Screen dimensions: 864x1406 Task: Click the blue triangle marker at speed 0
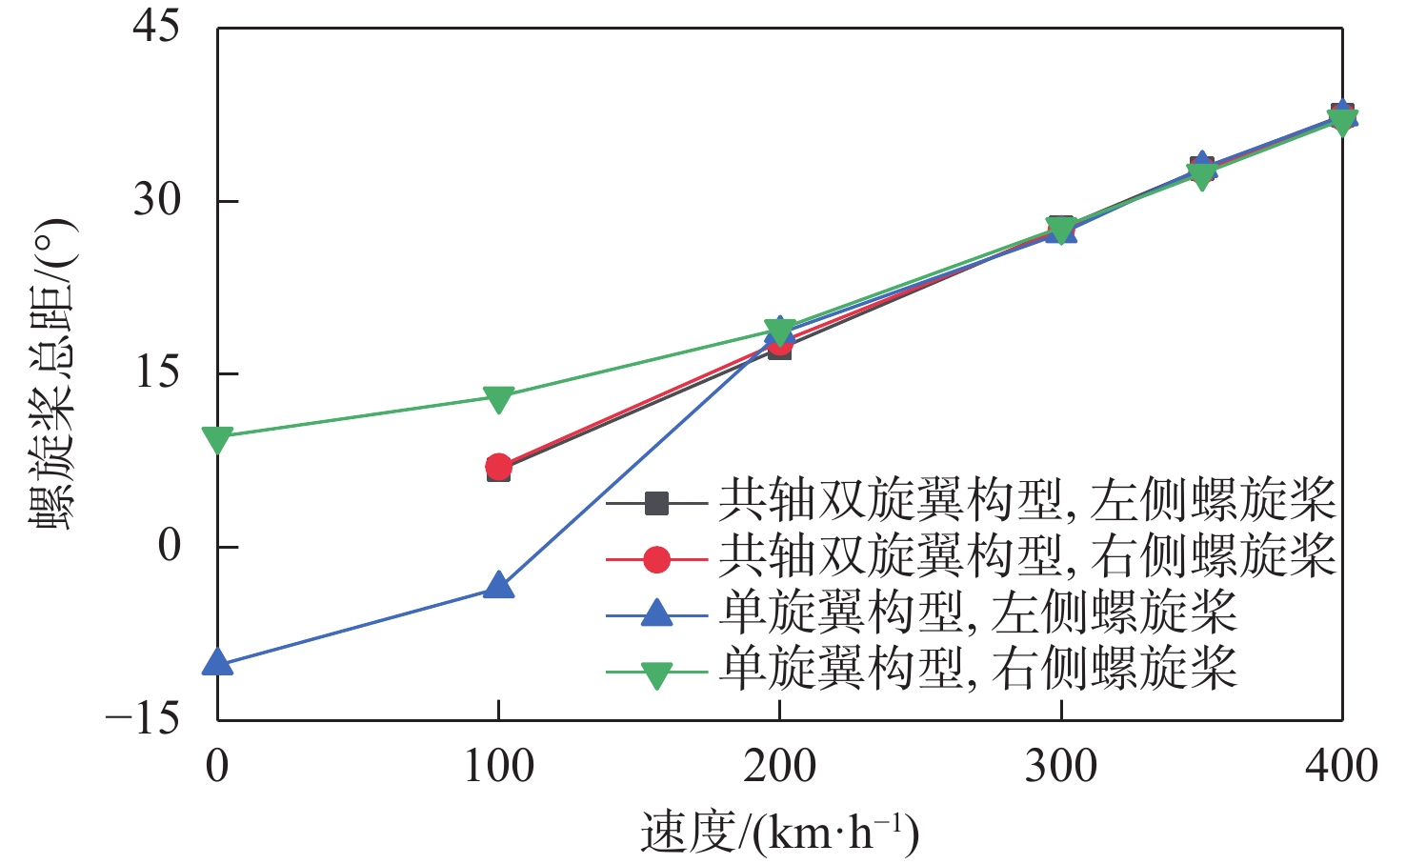click(218, 662)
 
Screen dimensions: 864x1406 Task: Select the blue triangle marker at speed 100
click(498, 585)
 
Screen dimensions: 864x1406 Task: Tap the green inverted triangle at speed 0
click(218, 439)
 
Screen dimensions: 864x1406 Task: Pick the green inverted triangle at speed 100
click(498, 399)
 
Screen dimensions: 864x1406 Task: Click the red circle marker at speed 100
click(498, 467)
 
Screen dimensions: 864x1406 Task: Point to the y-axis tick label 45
click(155, 27)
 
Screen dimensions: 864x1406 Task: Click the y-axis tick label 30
click(155, 200)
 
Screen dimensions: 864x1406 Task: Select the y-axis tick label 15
click(155, 372)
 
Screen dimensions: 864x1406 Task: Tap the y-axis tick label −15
click(143, 718)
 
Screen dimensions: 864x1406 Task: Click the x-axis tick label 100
click(498, 766)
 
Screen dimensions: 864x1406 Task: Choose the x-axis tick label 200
click(779, 766)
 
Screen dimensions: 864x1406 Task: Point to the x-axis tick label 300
click(1060, 766)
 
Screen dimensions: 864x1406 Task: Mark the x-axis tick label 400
click(1341, 766)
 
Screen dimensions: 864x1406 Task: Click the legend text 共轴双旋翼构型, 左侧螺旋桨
click(1027, 501)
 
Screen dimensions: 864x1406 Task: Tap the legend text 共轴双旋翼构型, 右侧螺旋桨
click(1027, 556)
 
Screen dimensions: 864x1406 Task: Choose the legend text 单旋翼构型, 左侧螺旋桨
click(978, 613)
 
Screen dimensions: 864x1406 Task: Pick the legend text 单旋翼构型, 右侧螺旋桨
click(978, 669)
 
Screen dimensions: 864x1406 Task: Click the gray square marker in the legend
click(656, 503)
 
